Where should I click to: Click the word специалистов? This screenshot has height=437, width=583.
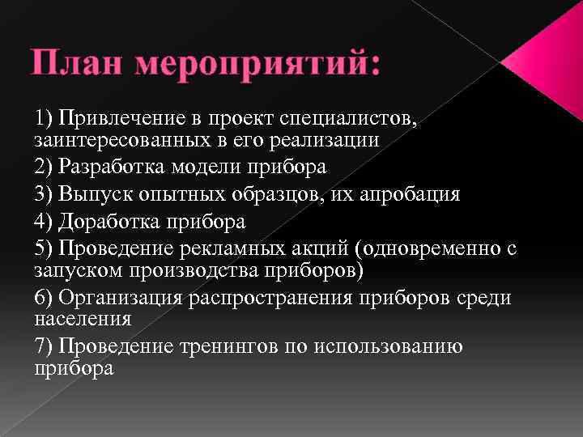[349, 120]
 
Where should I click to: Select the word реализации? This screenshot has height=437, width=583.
[333, 140]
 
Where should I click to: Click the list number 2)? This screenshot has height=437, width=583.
[45, 167]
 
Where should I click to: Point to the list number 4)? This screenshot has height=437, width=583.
[45, 221]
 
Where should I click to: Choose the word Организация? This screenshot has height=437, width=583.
[117, 297]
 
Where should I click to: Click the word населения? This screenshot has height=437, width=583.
[83, 318]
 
